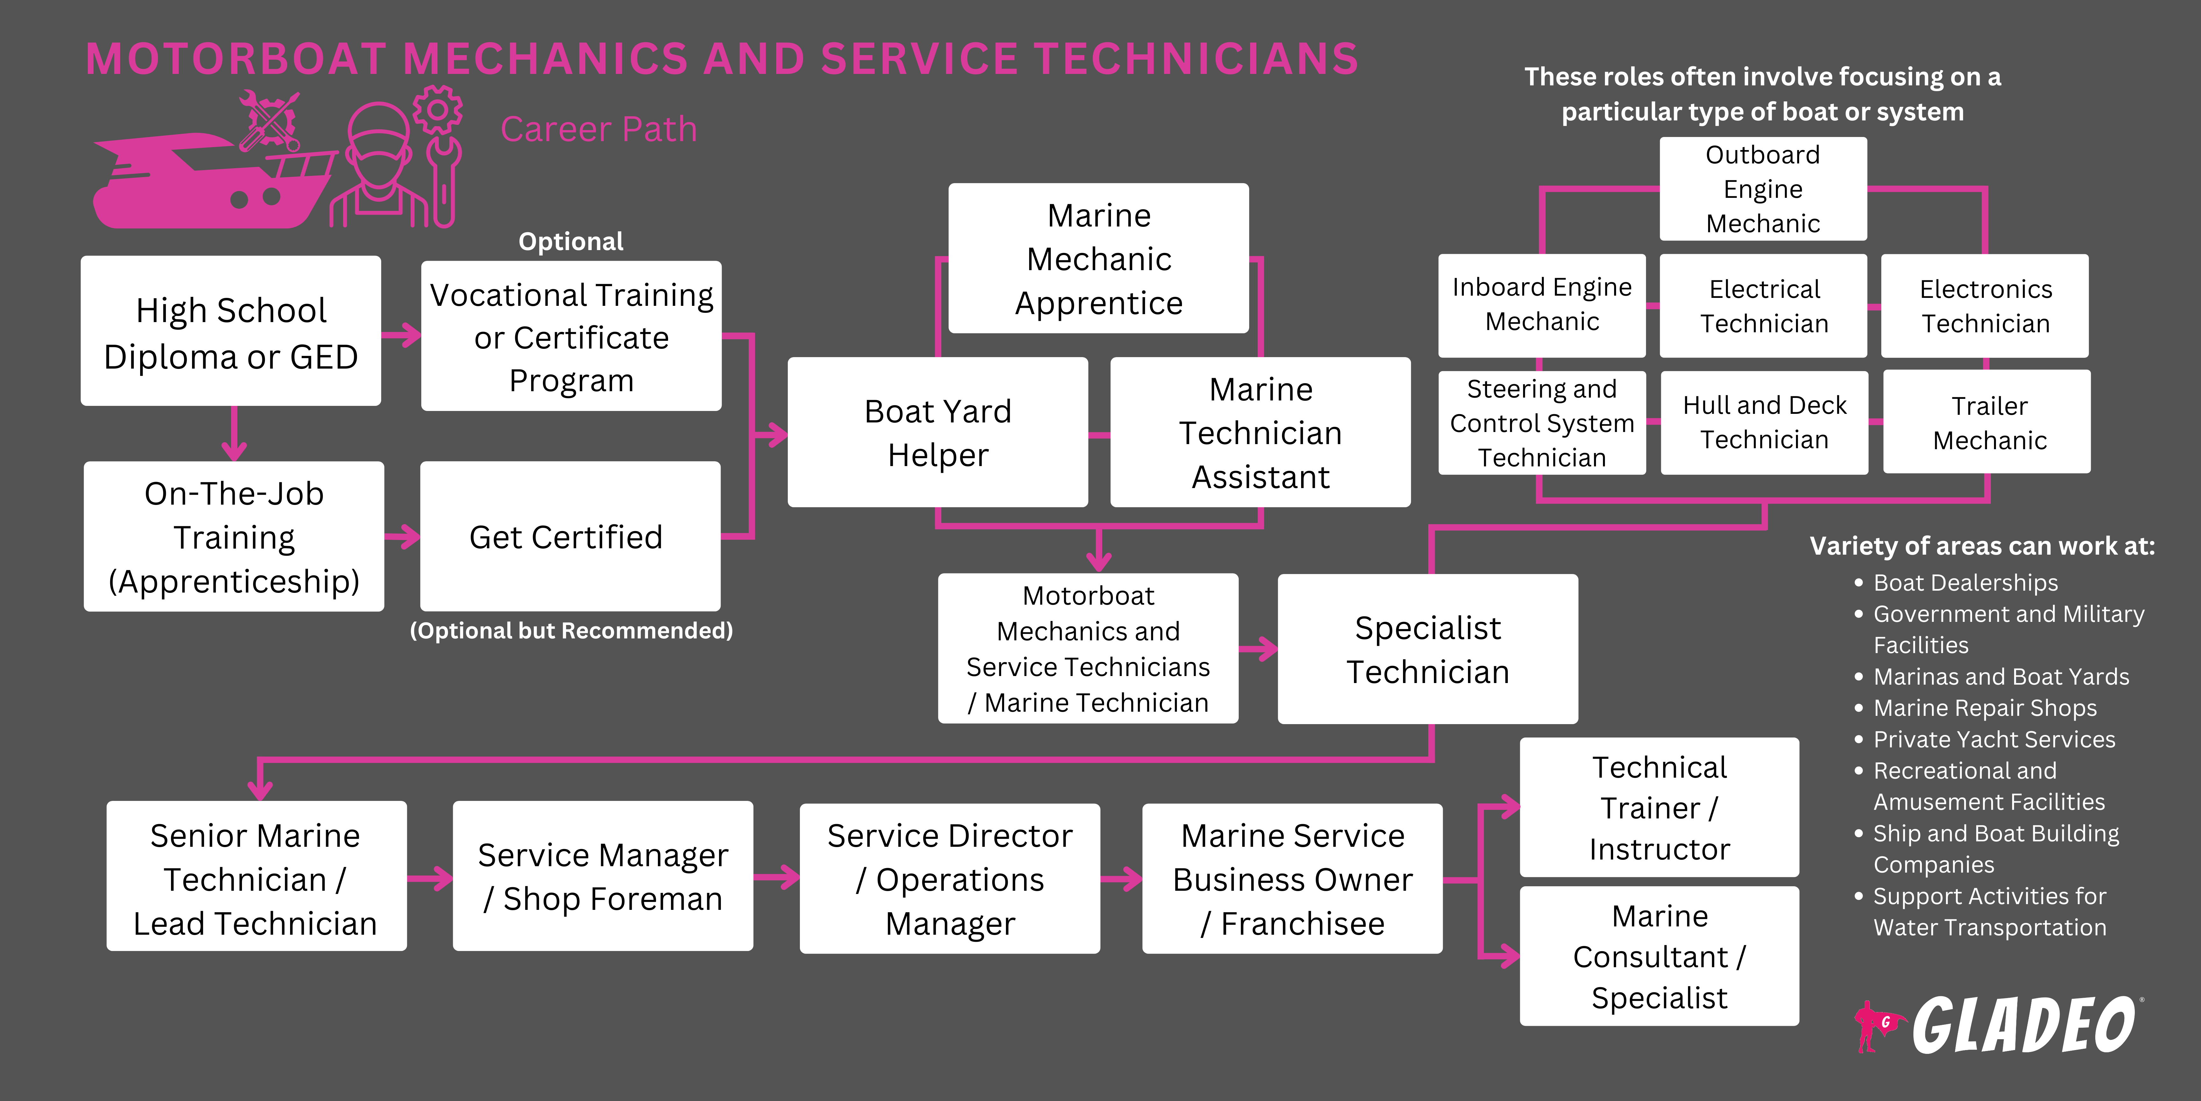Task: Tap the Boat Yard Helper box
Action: tap(937, 433)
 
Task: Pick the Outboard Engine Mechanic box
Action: tap(1763, 189)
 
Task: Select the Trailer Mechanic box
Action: tap(1987, 422)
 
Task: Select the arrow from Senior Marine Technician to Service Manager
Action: tap(430, 878)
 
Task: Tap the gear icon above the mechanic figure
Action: tap(438, 109)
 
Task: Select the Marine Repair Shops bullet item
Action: tap(1984, 708)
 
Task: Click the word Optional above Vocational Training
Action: tap(571, 242)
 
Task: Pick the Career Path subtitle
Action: tap(598, 130)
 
